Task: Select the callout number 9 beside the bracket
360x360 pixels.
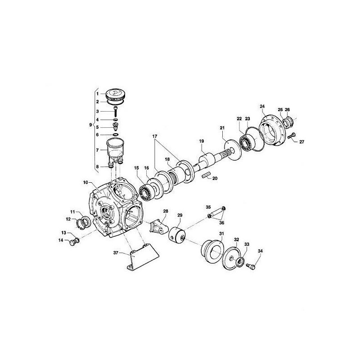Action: coord(91,124)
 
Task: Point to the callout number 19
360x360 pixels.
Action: coord(202,141)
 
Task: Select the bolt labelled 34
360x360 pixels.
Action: coord(252,266)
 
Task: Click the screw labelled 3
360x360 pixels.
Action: coord(115,111)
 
